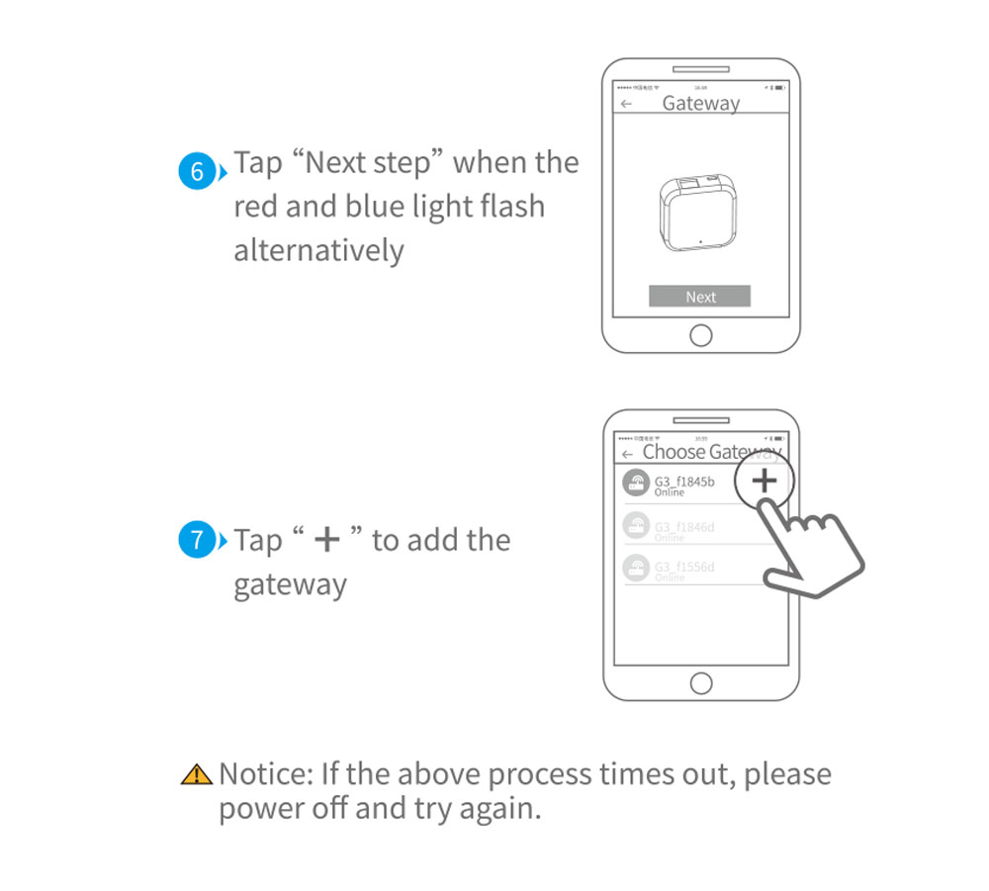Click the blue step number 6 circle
click(x=197, y=172)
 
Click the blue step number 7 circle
click(x=197, y=541)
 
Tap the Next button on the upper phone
click(x=699, y=297)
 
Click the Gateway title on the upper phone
click(x=700, y=103)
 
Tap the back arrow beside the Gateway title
click(x=626, y=104)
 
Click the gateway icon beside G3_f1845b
click(x=635, y=484)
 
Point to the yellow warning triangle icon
click(x=197, y=774)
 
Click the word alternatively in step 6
click(x=318, y=250)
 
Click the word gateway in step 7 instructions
click(x=290, y=584)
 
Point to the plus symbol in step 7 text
click(x=326, y=540)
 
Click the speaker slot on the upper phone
click(x=700, y=70)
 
